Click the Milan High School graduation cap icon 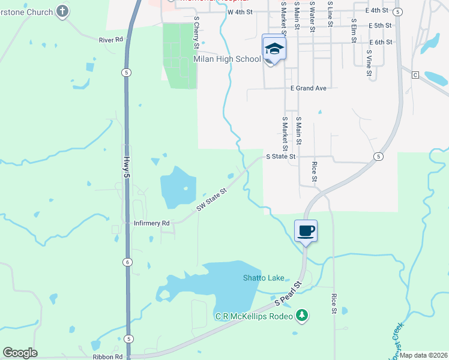(274, 49)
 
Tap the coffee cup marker (306, 230)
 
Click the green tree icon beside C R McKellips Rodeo (302, 316)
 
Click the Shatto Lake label (263, 278)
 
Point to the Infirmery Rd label (152, 223)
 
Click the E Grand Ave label (308, 88)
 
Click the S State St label (281, 157)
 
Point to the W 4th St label (240, 11)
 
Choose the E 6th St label (380, 42)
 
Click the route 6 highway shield (127, 262)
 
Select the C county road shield (415, 75)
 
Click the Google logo (20, 353)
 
